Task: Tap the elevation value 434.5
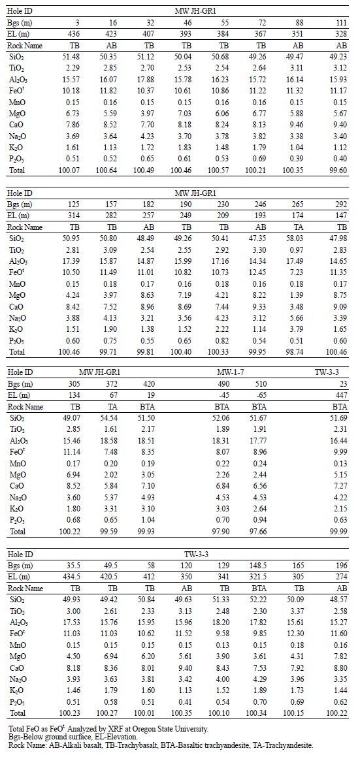(x=71, y=577)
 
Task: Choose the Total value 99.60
(x=340, y=170)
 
